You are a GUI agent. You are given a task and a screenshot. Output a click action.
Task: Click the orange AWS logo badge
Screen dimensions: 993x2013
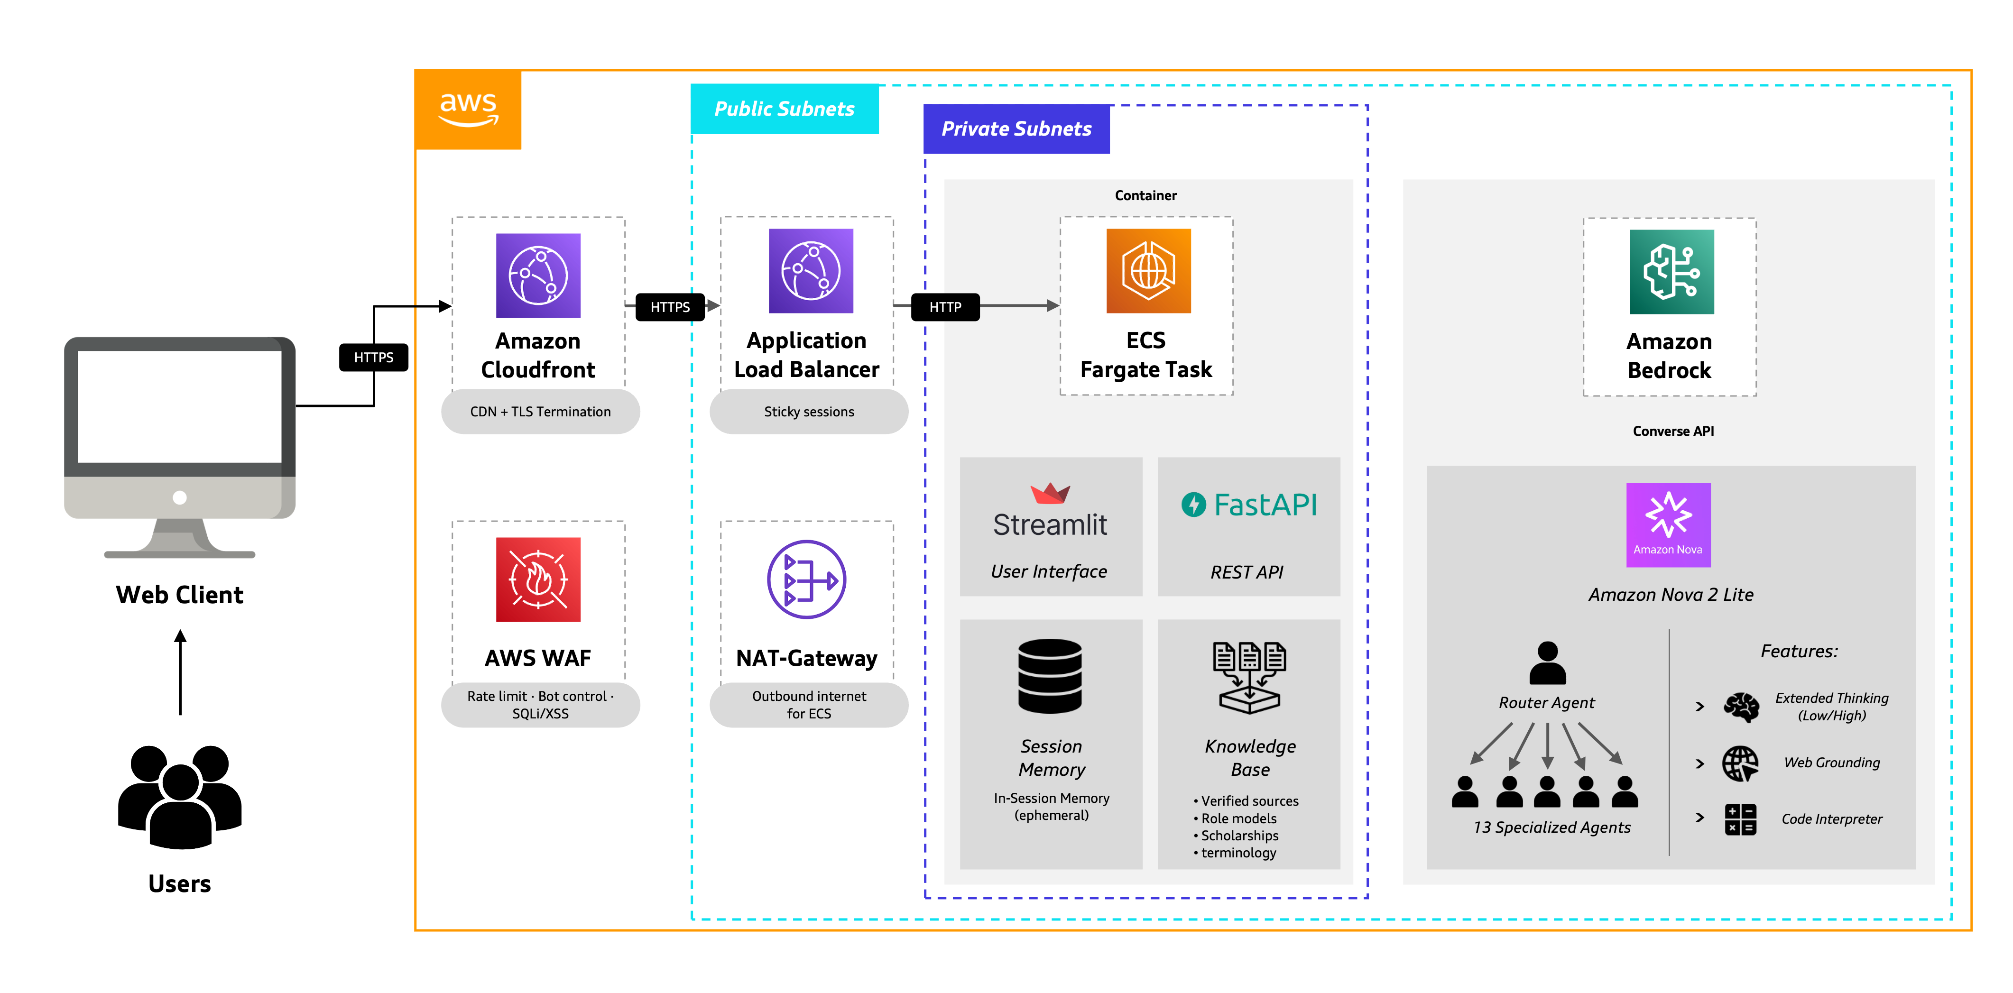pyautogui.click(x=468, y=110)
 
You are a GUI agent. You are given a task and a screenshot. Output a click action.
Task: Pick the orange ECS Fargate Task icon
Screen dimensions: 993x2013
pyautogui.click(x=1148, y=270)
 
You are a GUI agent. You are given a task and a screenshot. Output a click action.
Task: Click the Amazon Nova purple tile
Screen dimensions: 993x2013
pyautogui.click(x=1668, y=524)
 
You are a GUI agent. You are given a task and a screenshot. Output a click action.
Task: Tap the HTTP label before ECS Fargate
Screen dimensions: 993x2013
pyautogui.click(x=945, y=307)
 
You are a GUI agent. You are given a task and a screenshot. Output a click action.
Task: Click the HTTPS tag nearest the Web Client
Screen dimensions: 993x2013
pyautogui.click(x=374, y=357)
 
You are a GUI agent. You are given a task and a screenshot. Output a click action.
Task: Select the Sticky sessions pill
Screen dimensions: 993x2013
pyautogui.click(x=809, y=412)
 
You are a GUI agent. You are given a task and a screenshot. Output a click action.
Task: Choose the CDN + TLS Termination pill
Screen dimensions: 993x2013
pyautogui.click(x=540, y=412)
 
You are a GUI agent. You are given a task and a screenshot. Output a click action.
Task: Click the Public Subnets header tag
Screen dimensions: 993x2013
pyautogui.click(x=785, y=109)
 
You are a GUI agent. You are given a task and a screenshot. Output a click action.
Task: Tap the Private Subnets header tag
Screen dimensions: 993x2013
pyautogui.click(x=1016, y=129)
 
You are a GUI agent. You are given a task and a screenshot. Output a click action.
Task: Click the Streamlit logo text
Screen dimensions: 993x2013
pyautogui.click(x=1050, y=524)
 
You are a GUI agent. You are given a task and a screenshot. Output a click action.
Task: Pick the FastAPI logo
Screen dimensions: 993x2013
pyautogui.click(x=1249, y=505)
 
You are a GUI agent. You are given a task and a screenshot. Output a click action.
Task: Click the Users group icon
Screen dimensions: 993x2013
pyautogui.click(x=180, y=796)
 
